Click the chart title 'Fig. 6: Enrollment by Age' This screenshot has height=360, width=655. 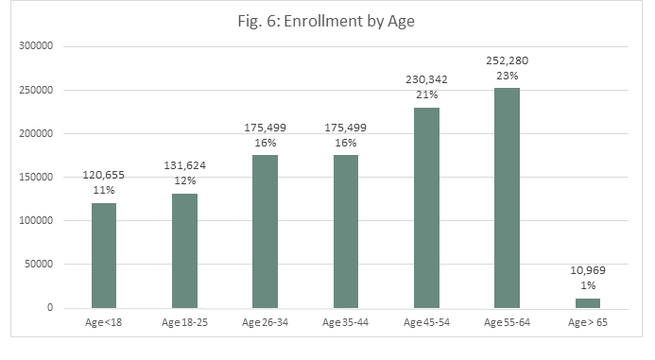(327, 20)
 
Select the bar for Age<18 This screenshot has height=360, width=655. (104, 255)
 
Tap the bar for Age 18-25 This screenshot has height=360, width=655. (184, 250)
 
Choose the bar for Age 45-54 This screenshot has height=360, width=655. (426, 208)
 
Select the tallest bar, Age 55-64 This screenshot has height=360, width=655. (507, 198)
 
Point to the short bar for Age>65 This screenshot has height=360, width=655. (588, 303)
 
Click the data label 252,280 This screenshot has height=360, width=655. (507, 60)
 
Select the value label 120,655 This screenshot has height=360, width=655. (104, 175)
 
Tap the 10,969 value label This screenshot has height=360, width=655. (588, 270)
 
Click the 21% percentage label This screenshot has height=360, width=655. (426, 95)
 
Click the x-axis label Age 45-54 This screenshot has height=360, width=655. (426, 324)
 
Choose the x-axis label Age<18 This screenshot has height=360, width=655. (104, 324)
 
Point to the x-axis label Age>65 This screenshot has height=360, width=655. (588, 324)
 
